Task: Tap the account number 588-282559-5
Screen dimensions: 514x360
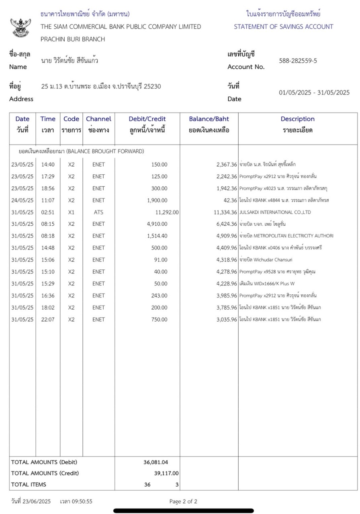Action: [298, 61]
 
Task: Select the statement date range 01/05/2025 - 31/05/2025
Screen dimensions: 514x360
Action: [314, 92]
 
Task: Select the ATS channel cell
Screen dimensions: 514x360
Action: [98, 212]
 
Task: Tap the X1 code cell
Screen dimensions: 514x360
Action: [71, 212]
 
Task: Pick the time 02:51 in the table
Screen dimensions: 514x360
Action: [48, 212]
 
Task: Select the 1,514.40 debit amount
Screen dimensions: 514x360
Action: [157, 236]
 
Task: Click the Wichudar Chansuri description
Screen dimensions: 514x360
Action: [266, 260]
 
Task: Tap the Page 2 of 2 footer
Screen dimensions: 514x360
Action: [183, 501]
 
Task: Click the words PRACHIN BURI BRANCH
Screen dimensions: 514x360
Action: [73, 39]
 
